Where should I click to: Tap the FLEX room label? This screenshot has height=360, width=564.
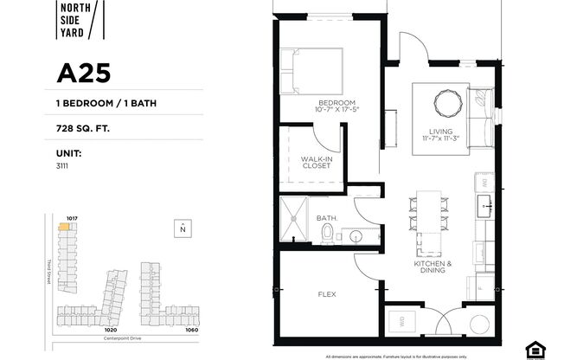[x=327, y=294]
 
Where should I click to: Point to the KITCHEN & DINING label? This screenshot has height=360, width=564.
[x=429, y=267]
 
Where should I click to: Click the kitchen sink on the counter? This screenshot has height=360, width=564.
[x=485, y=207]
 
